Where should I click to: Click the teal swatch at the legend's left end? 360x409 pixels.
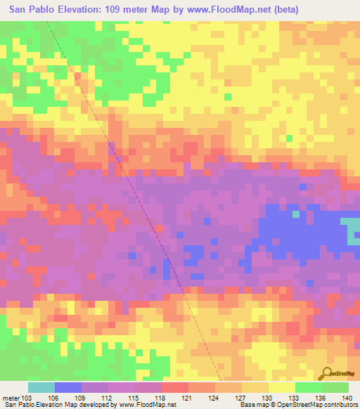point(41,387)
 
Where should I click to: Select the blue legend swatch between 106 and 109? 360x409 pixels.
point(67,387)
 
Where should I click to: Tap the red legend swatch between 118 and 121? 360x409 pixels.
point(174,387)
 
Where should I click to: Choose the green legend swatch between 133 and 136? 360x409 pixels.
point(308,387)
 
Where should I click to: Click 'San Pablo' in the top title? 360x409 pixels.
point(34,10)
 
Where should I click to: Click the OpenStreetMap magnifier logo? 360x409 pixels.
point(328,372)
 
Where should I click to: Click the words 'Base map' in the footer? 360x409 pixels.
point(253,405)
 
